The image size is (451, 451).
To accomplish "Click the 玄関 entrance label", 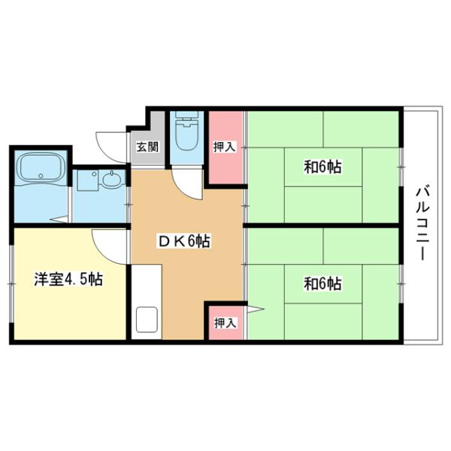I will (x=147, y=147).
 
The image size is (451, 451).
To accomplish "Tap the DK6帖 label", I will (x=183, y=241).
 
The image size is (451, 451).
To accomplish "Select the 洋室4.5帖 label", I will (x=68, y=280).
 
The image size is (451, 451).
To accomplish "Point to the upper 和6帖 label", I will (x=323, y=167).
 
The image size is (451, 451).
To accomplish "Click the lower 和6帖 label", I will (x=323, y=283).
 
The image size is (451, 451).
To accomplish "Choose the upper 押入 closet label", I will (x=225, y=147).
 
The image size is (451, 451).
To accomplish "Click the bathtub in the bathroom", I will (x=41, y=169).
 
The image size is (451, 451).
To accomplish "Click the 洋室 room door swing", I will (x=107, y=242).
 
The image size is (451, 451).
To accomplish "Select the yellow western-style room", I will (x=68, y=301).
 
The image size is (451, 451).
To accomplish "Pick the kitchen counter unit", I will (x=146, y=301).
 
